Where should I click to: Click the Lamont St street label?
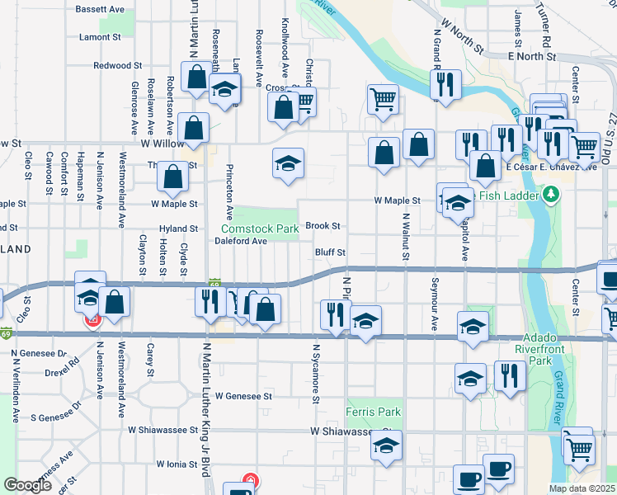pyautogui.click(x=100, y=37)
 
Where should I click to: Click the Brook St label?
pyautogui.click(x=323, y=225)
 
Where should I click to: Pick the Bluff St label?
pyautogui.click(x=329, y=252)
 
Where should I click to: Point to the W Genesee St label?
pyautogui.click(x=243, y=396)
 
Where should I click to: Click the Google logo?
pyautogui.click(x=28, y=485)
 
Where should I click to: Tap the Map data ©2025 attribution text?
pyautogui.click(x=582, y=488)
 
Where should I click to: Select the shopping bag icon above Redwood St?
pyautogui.click(x=197, y=77)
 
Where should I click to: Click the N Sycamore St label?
pyautogui.click(x=315, y=374)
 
